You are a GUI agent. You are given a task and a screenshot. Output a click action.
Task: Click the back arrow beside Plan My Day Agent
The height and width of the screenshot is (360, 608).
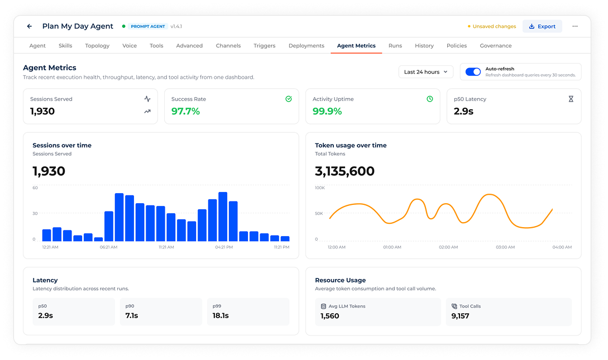(30, 26)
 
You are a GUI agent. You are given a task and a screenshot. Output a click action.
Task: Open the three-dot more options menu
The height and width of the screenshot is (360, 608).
(575, 26)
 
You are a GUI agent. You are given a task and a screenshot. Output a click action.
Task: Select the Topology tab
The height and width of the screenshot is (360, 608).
(97, 46)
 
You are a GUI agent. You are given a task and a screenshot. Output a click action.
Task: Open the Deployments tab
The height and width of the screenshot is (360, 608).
(307, 46)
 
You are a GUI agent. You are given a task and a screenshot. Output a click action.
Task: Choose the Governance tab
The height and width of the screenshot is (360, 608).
(496, 46)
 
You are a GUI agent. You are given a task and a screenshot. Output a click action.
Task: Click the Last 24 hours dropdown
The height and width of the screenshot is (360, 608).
(426, 71)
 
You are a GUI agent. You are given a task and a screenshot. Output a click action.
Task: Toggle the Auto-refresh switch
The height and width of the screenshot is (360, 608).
(473, 71)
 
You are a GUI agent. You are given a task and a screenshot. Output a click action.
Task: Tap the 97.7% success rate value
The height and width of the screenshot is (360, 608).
(186, 111)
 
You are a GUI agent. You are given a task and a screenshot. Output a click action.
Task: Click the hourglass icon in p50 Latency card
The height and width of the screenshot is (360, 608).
(571, 99)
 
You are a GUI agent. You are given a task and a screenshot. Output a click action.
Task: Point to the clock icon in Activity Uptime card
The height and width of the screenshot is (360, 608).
(430, 99)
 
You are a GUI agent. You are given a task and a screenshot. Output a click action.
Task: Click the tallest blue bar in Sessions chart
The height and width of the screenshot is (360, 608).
(223, 217)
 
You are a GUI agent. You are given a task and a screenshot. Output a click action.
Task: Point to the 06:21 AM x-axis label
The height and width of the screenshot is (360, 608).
(108, 247)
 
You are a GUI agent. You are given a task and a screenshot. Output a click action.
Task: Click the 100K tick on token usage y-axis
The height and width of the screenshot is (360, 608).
(320, 188)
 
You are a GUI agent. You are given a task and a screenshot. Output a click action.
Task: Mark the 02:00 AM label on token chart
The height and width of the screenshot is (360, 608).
(448, 247)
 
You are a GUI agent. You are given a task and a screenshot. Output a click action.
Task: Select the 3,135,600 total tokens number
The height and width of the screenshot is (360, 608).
(344, 171)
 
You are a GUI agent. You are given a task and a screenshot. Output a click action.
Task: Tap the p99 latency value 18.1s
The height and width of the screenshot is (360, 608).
(221, 316)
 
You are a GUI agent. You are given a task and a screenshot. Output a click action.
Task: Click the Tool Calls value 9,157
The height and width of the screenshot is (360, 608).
(460, 316)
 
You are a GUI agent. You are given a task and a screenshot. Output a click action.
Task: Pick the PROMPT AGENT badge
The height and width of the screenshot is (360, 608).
(148, 26)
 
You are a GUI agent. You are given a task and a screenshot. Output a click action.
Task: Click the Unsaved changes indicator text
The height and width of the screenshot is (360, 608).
(495, 26)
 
